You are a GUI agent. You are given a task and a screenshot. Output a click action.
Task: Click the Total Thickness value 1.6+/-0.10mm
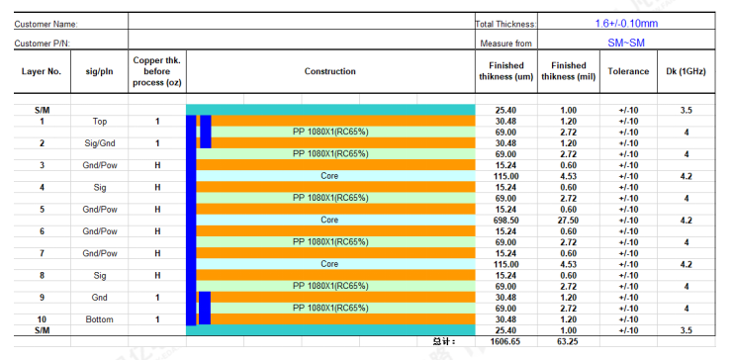pos(626,23)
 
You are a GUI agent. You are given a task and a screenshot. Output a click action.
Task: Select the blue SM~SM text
pos(626,43)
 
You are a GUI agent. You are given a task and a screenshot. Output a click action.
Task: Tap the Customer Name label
pos(46,25)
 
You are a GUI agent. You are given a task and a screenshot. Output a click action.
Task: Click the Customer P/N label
pos(43,44)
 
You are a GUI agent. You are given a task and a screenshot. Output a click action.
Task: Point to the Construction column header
pos(330,71)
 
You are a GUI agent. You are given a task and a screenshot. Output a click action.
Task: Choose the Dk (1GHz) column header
pos(687,71)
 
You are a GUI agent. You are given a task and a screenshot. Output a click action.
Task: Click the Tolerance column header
pos(628,71)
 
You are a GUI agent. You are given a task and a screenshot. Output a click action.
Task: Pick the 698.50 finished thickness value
pos(505,221)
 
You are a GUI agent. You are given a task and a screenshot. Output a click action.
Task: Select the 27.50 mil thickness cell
pos(569,221)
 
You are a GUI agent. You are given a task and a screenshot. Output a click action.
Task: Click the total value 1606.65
pos(505,342)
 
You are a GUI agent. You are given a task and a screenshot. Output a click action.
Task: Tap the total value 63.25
pos(569,342)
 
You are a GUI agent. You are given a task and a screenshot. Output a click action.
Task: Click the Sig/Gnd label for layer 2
pos(100,143)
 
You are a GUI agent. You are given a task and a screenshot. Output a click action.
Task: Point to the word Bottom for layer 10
pos(100,319)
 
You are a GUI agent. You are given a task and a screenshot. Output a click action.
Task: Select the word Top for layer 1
pos(100,122)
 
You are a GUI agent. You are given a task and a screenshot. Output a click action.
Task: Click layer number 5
pos(43,210)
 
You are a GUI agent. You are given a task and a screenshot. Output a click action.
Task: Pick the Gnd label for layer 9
pos(100,298)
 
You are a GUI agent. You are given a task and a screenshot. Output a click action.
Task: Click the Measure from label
pos(505,44)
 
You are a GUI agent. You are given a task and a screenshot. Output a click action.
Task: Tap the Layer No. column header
pos(43,71)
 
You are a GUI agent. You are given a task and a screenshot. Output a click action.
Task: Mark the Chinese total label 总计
pos(443,342)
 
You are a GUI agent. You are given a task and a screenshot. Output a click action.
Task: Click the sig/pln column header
pos(100,72)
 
